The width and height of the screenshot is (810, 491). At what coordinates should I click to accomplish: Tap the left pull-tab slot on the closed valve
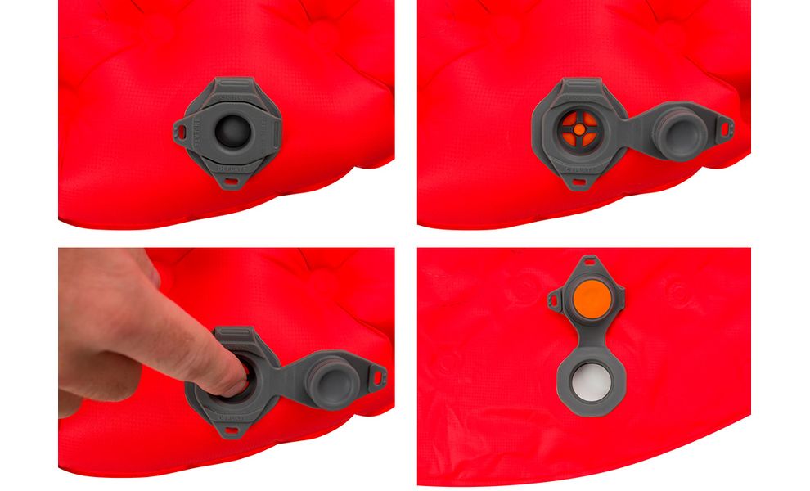pyautogui.click(x=179, y=128)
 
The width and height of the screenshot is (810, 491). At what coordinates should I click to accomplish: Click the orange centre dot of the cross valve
pyautogui.click(x=577, y=128)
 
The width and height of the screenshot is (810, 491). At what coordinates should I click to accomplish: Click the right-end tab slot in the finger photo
pyautogui.click(x=378, y=374)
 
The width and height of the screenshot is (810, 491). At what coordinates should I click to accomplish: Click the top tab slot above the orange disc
pyautogui.click(x=588, y=264)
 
